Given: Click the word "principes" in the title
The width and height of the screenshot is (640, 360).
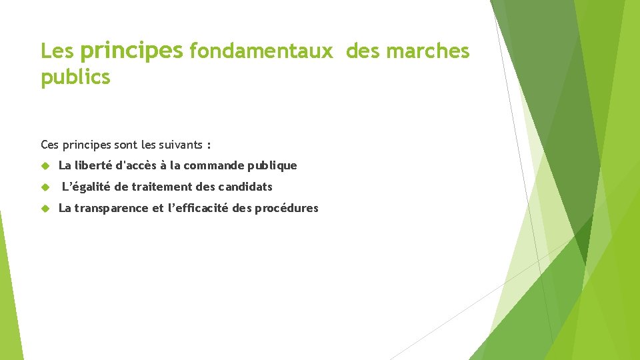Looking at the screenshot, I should [x=131, y=51].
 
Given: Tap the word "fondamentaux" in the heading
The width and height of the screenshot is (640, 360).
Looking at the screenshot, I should [x=261, y=51].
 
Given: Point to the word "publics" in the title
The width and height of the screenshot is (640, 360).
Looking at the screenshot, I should [x=75, y=77].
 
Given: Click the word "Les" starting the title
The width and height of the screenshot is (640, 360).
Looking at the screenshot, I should [x=56, y=51].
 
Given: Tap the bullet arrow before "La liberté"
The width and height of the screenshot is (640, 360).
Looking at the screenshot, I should [x=46, y=165].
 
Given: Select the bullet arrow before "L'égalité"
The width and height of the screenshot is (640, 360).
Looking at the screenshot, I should [x=46, y=187].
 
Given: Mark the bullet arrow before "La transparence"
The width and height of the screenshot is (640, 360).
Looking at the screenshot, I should [x=46, y=208].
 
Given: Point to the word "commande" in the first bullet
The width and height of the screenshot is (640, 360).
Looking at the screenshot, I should [x=212, y=165].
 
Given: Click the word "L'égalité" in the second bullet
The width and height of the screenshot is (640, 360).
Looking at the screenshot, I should [x=87, y=187].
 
